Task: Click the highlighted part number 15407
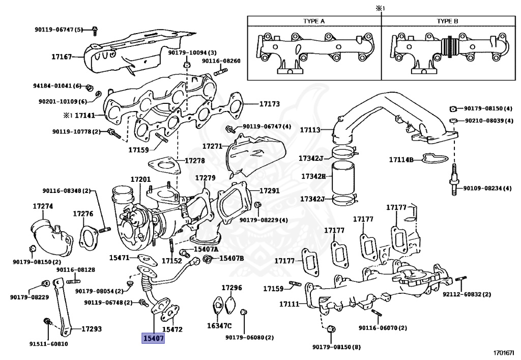pyautogui.click(x=153, y=338)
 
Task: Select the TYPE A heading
pyautogui.click(x=314, y=21)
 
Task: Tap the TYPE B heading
pyautogui.click(x=447, y=21)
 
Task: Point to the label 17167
pyautogui.click(x=62, y=57)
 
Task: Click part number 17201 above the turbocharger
pyautogui.click(x=140, y=180)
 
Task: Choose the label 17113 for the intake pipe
pyautogui.click(x=310, y=130)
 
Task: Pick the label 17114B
pyautogui.click(x=401, y=160)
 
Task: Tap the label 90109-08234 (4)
pyautogui.click(x=487, y=188)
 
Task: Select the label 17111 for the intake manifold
pyautogui.click(x=290, y=304)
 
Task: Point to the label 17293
pyautogui.click(x=92, y=329)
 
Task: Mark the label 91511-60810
pyautogui.click(x=48, y=344)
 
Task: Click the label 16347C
pyautogui.click(x=219, y=326)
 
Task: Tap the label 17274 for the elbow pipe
pyautogui.click(x=43, y=206)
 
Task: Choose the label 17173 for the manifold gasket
pyautogui.click(x=270, y=104)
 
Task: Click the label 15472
pyautogui.click(x=172, y=329)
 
